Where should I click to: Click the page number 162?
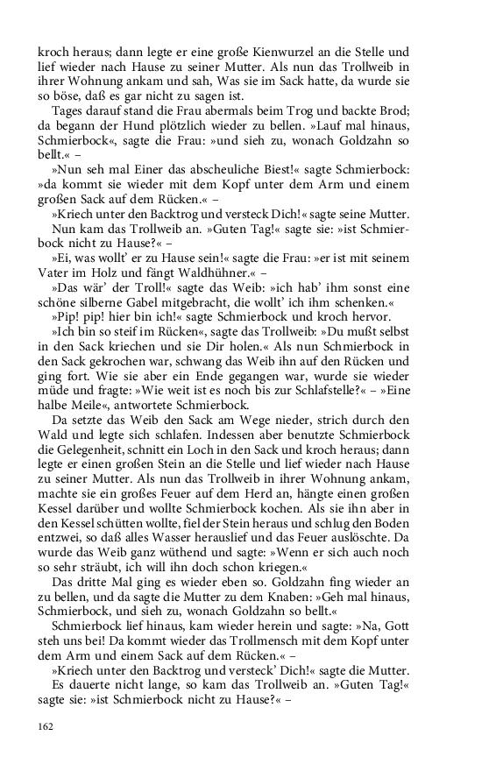pos(46,725)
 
